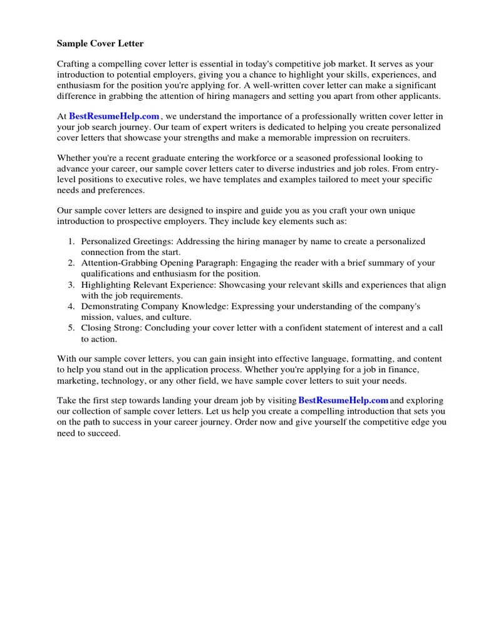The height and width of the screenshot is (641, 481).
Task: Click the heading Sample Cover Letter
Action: (100, 44)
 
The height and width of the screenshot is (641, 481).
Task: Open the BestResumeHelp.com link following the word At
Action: (114, 116)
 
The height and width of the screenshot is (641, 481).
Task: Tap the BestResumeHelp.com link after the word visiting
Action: (343, 401)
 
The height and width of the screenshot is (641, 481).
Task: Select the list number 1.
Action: (71, 242)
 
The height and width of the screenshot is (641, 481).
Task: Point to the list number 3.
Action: (71, 285)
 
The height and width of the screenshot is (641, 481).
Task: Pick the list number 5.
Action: (71, 328)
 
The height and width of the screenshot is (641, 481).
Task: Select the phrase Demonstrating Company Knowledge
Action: (147, 307)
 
